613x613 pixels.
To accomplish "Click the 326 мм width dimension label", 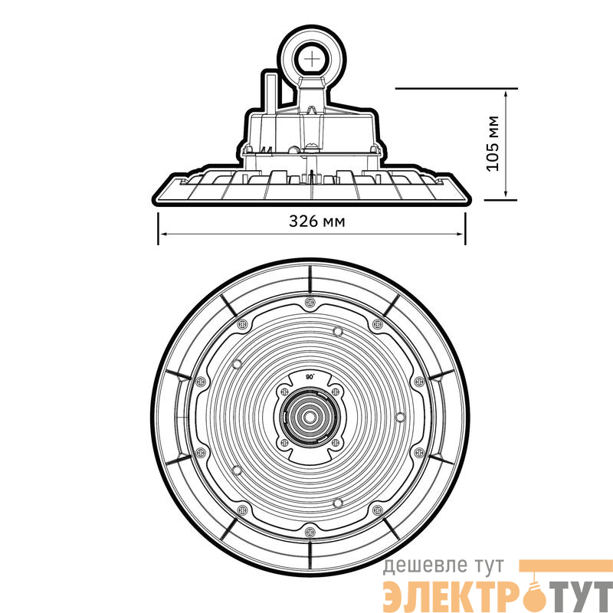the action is (317, 221).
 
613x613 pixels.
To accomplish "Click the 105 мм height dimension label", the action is (493, 143).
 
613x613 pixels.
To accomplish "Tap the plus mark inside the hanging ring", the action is (312, 60).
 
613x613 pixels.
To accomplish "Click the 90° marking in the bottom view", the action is (310, 377).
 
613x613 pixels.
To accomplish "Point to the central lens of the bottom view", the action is (310, 418).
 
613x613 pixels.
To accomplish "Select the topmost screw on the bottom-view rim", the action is (310, 302).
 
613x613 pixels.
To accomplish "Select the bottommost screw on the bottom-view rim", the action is (310, 532).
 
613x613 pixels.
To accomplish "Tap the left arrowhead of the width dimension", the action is (164, 234).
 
